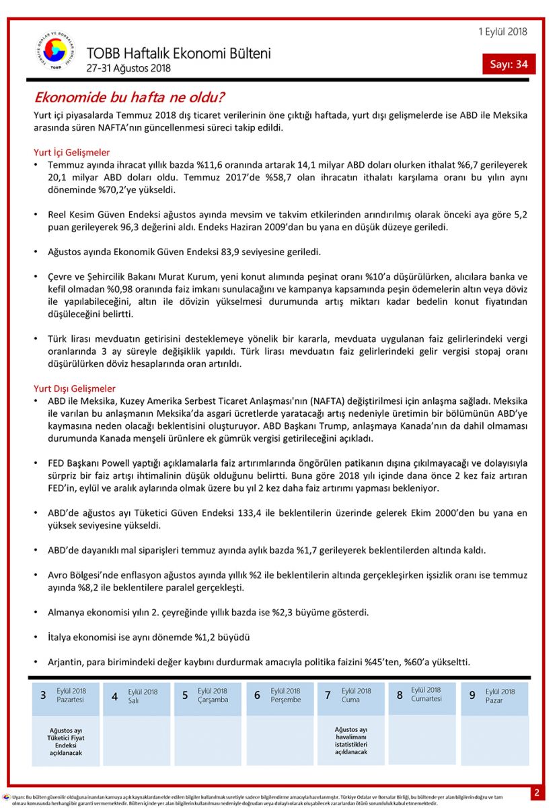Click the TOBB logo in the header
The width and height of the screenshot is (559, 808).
tap(56, 51)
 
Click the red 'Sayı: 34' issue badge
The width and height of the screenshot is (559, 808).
tap(509, 64)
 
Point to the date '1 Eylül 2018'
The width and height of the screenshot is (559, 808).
tap(502, 32)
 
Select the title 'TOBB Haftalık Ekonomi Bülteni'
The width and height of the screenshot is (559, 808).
tap(178, 53)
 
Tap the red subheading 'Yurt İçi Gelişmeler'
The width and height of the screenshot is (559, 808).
tap(71, 152)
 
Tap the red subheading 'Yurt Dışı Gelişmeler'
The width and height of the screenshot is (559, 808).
tap(74, 389)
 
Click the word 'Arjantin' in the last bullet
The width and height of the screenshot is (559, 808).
tap(66, 661)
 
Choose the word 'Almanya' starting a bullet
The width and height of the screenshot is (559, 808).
tap(67, 613)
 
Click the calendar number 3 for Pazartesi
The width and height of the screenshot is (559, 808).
tap(43, 696)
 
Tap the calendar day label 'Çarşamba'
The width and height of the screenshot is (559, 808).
tap(213, 700)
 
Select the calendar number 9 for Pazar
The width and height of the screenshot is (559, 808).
tap(472, 696)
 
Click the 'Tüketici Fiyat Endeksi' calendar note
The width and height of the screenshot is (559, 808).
tap(66, 742)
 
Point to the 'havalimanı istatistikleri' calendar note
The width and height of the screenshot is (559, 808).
tap(350, 741)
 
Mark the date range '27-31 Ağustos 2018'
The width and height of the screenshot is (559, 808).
tap(128, 69)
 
